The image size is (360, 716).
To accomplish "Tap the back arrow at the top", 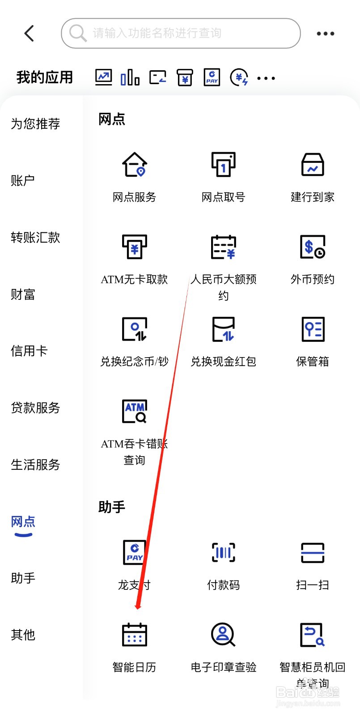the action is pyautogui.click(x=29, y=33).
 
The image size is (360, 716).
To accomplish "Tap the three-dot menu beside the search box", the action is pyautogui.click(x=325, y=34).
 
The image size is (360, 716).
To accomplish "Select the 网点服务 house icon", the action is pyautogui.click(x=135, y=165).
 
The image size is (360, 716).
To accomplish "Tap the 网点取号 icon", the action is pyautogui.click(x=223, y=165).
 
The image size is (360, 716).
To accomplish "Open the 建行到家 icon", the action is pyautogui.click(x=312, y=165).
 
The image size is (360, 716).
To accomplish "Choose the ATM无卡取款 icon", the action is pyautogui.click(x=135, y=247).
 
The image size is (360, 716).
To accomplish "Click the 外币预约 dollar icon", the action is pyautogui.click(x=312, y=247).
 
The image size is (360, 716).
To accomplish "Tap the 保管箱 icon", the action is pyautogui.click(x=312, y=329).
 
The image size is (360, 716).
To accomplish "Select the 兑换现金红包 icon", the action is pyautogui.click(x=223, y=329).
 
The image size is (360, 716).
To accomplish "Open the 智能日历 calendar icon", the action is pyautogui.click(x=135, y=635).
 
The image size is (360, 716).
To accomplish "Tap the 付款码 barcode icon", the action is pyautogui.click(x=223, y=552).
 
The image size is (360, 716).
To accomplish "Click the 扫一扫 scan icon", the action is pyautogui.click(x=312, y=552).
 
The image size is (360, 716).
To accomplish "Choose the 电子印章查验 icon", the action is pyautogui.click(x=223, y=635).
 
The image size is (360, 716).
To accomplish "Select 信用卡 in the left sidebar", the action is pyautogui.click(x=29, y=351).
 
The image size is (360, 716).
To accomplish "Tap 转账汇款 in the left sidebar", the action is pyautogui.click(x=35, y=237).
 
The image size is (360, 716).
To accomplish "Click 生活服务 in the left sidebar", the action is pyautogui.click(x=35, y=465).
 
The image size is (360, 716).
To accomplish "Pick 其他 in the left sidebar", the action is pyautogui.click(x=23, y=635).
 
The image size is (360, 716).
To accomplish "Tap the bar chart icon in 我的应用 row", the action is pyautogui.click(x=130, y=77).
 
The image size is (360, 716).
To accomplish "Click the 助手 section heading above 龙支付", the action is pyautogui.click(x=112, y=507).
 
